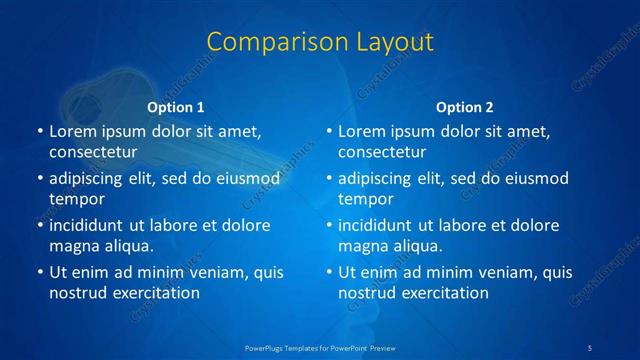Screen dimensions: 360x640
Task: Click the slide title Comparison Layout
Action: (x=320, y=42)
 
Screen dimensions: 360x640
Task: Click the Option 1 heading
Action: (x=176, y=107)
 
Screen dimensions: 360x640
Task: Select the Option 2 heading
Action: (x=465, y=107)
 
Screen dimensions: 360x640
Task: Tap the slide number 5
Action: (x=591, y=347)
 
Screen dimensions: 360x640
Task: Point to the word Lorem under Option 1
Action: (x=72, y=131)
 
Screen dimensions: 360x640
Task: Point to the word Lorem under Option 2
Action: (x=361, y=131)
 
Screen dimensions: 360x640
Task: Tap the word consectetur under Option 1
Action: (x=93, y=152)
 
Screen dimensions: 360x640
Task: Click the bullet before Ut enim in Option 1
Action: (x=38, y=272)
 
